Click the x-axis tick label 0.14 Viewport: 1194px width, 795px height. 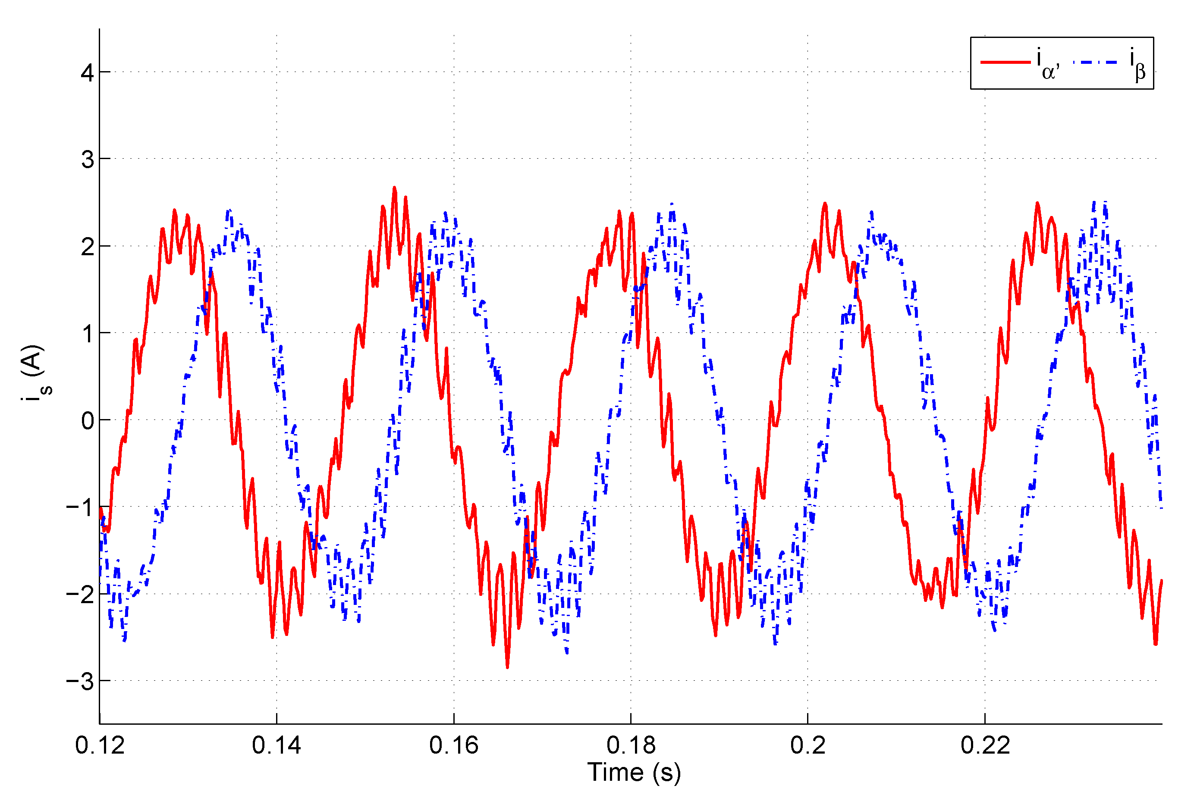[277, 745]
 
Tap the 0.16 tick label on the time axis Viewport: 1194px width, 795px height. [453, 745]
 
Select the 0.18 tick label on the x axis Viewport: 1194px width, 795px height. [631, 745]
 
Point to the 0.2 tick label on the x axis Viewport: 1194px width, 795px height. [808, 745]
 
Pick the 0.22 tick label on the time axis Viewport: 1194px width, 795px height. [985, 745]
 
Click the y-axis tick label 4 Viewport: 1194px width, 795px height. [87, 73]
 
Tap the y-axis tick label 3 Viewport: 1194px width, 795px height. [87, 160]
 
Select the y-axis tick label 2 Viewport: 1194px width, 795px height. [87, 247]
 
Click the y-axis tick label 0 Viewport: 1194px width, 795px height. [87, 421]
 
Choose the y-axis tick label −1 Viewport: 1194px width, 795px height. [80, 507]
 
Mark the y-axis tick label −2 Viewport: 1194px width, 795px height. [80, 594]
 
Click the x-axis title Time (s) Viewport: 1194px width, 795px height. [634, 772]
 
